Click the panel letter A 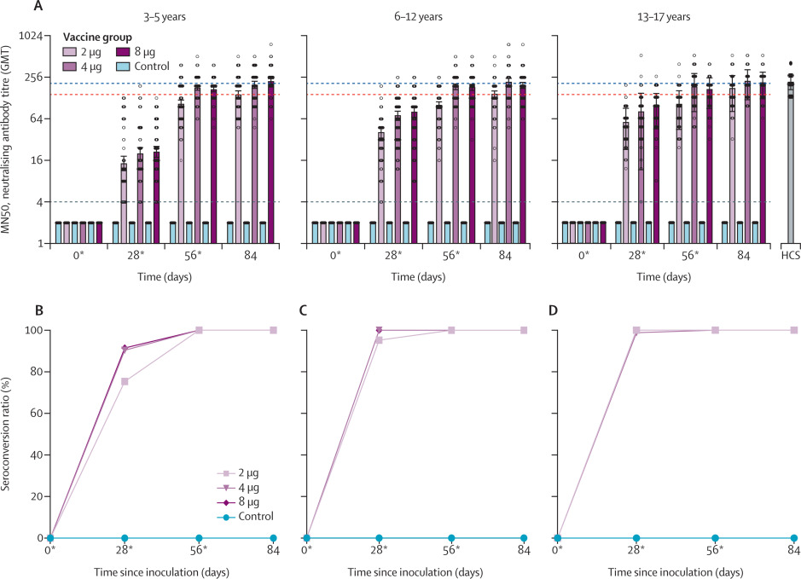coord(37,6)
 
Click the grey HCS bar coord(790,162)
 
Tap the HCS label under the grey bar coord(790,255)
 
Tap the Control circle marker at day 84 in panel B coord(273,538)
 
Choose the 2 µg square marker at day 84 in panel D coord(794,330)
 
